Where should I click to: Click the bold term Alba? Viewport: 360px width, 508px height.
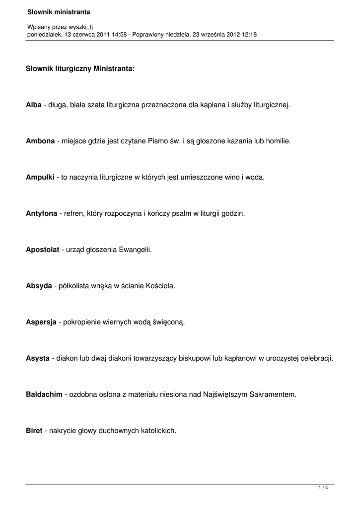(x=34, y=105)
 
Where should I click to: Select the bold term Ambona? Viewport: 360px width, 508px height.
(x=40, y=141)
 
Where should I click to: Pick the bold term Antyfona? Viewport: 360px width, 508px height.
(x=41, y=214)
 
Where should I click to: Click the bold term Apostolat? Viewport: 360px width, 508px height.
(x=42, y=250)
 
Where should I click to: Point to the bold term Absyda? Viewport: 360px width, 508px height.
(x=39, y=286)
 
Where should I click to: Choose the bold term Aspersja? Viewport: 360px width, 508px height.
(x=41, y=322)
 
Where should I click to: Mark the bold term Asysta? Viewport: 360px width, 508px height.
(x=38, y=358)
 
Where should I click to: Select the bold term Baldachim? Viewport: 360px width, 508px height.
(x=44, y=394)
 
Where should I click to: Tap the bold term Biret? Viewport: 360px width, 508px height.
(x=34, y=431)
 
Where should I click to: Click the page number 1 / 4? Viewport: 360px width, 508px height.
(x=323, y=488)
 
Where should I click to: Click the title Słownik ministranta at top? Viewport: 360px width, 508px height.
(x=55, y=11)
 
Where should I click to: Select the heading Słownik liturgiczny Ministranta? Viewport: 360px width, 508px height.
(x=80, y=69)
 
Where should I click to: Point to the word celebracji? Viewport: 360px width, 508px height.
(x=316, y=358)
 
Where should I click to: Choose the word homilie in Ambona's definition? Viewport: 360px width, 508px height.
(x=278, y=141)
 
